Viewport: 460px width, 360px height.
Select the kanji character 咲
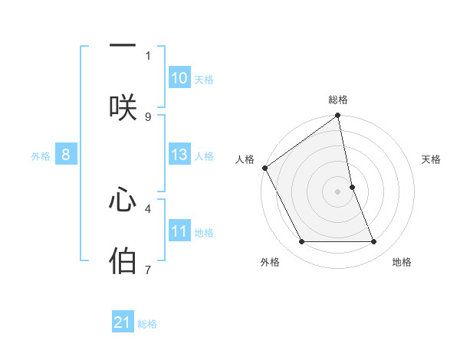click(123, 108)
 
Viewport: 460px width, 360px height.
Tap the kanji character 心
click(123, 201)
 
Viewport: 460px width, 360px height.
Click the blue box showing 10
click(179, 78)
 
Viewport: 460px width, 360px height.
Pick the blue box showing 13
click(179, 155)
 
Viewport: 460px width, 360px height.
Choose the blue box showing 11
click(179, 231)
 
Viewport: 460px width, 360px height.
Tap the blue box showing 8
click(66, 155)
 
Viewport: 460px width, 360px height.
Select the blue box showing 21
click(123, 322)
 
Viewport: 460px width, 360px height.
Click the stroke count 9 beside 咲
click(148, 116)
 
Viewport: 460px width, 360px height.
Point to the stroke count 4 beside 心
click(148, 207)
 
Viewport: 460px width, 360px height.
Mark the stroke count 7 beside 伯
click(148, 270)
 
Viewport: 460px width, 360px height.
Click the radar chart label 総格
click(338, 100)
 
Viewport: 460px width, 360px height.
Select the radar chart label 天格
click(432, 159)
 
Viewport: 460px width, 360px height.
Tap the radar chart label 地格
click(402, 262)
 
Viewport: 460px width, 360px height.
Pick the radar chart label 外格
click(270, 262)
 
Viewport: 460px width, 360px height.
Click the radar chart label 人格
click(245, 159)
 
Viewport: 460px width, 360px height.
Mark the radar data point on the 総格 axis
click(338, 116)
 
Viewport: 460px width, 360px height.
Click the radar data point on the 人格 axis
click(265, 168)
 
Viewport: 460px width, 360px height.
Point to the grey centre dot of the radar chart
click(338, 191)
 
